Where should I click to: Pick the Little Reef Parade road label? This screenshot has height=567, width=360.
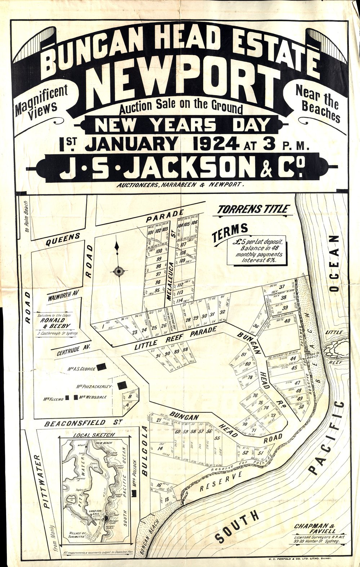(x=175, y=338)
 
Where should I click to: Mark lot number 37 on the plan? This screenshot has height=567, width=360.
(x=282, y=287)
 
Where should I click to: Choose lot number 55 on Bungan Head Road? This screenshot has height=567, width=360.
(x=217, y=438)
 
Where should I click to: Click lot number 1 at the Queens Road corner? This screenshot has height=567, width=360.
(x=103, y=327)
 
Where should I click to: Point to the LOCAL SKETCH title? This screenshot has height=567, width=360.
(x=94, y=435)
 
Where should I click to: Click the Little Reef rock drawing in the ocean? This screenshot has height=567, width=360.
(x=337, y=346)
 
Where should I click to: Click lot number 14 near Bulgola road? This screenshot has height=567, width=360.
(x=160, y=448)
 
